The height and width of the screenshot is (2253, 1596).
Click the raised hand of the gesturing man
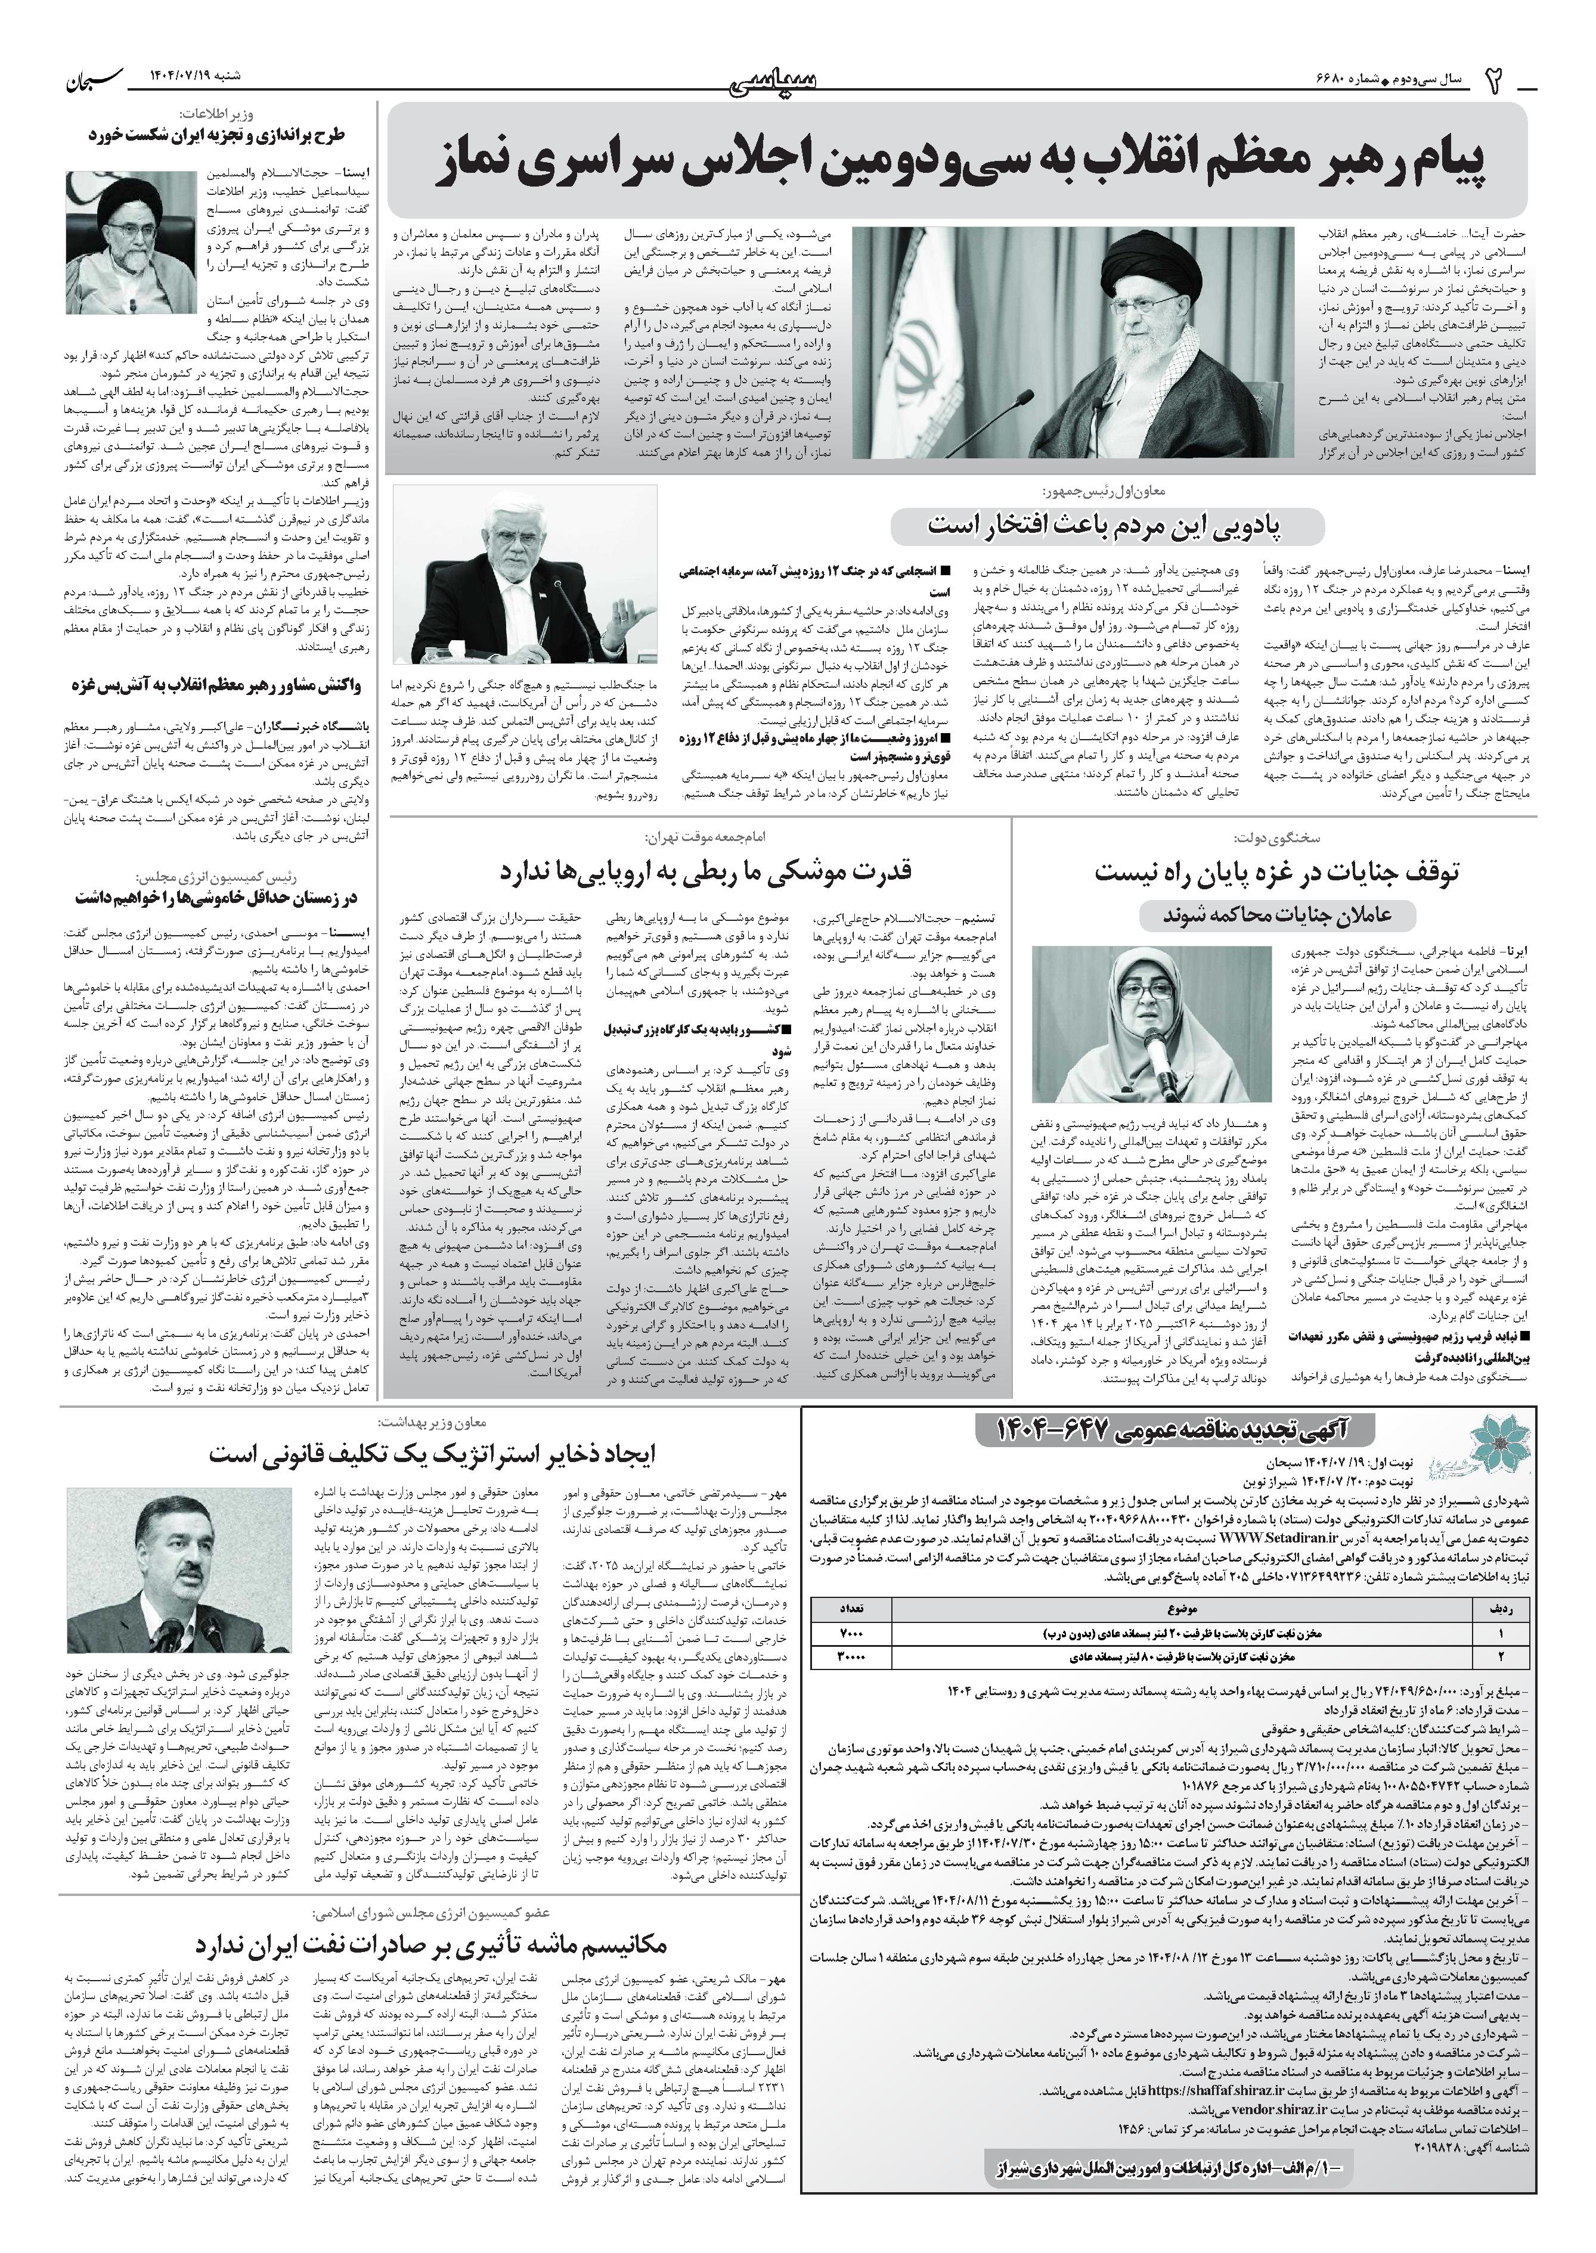[619, 616]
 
